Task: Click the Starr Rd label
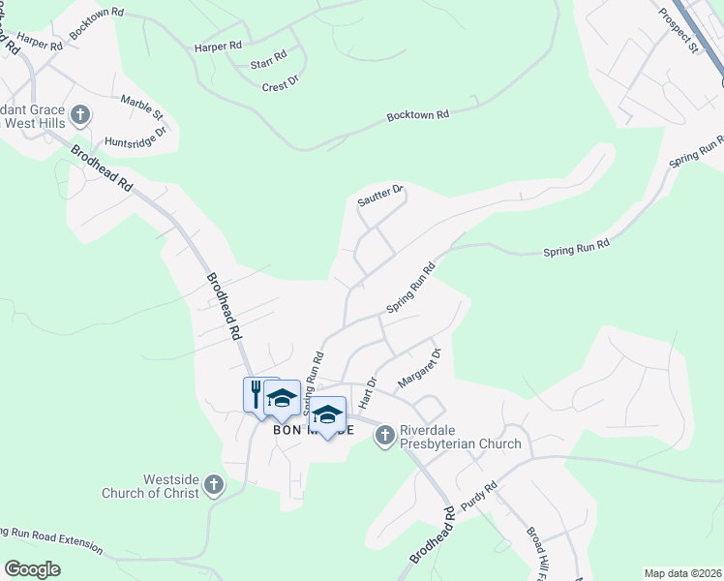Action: point(268,58)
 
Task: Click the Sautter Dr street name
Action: point(380,194)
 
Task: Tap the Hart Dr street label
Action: point(367,392)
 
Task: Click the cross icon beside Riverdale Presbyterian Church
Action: point(384,436)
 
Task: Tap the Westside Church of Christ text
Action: point(151,486)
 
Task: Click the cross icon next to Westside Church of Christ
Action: point(213,484)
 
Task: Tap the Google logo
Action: point(33,569)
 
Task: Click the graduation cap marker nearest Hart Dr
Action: point(327,414)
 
